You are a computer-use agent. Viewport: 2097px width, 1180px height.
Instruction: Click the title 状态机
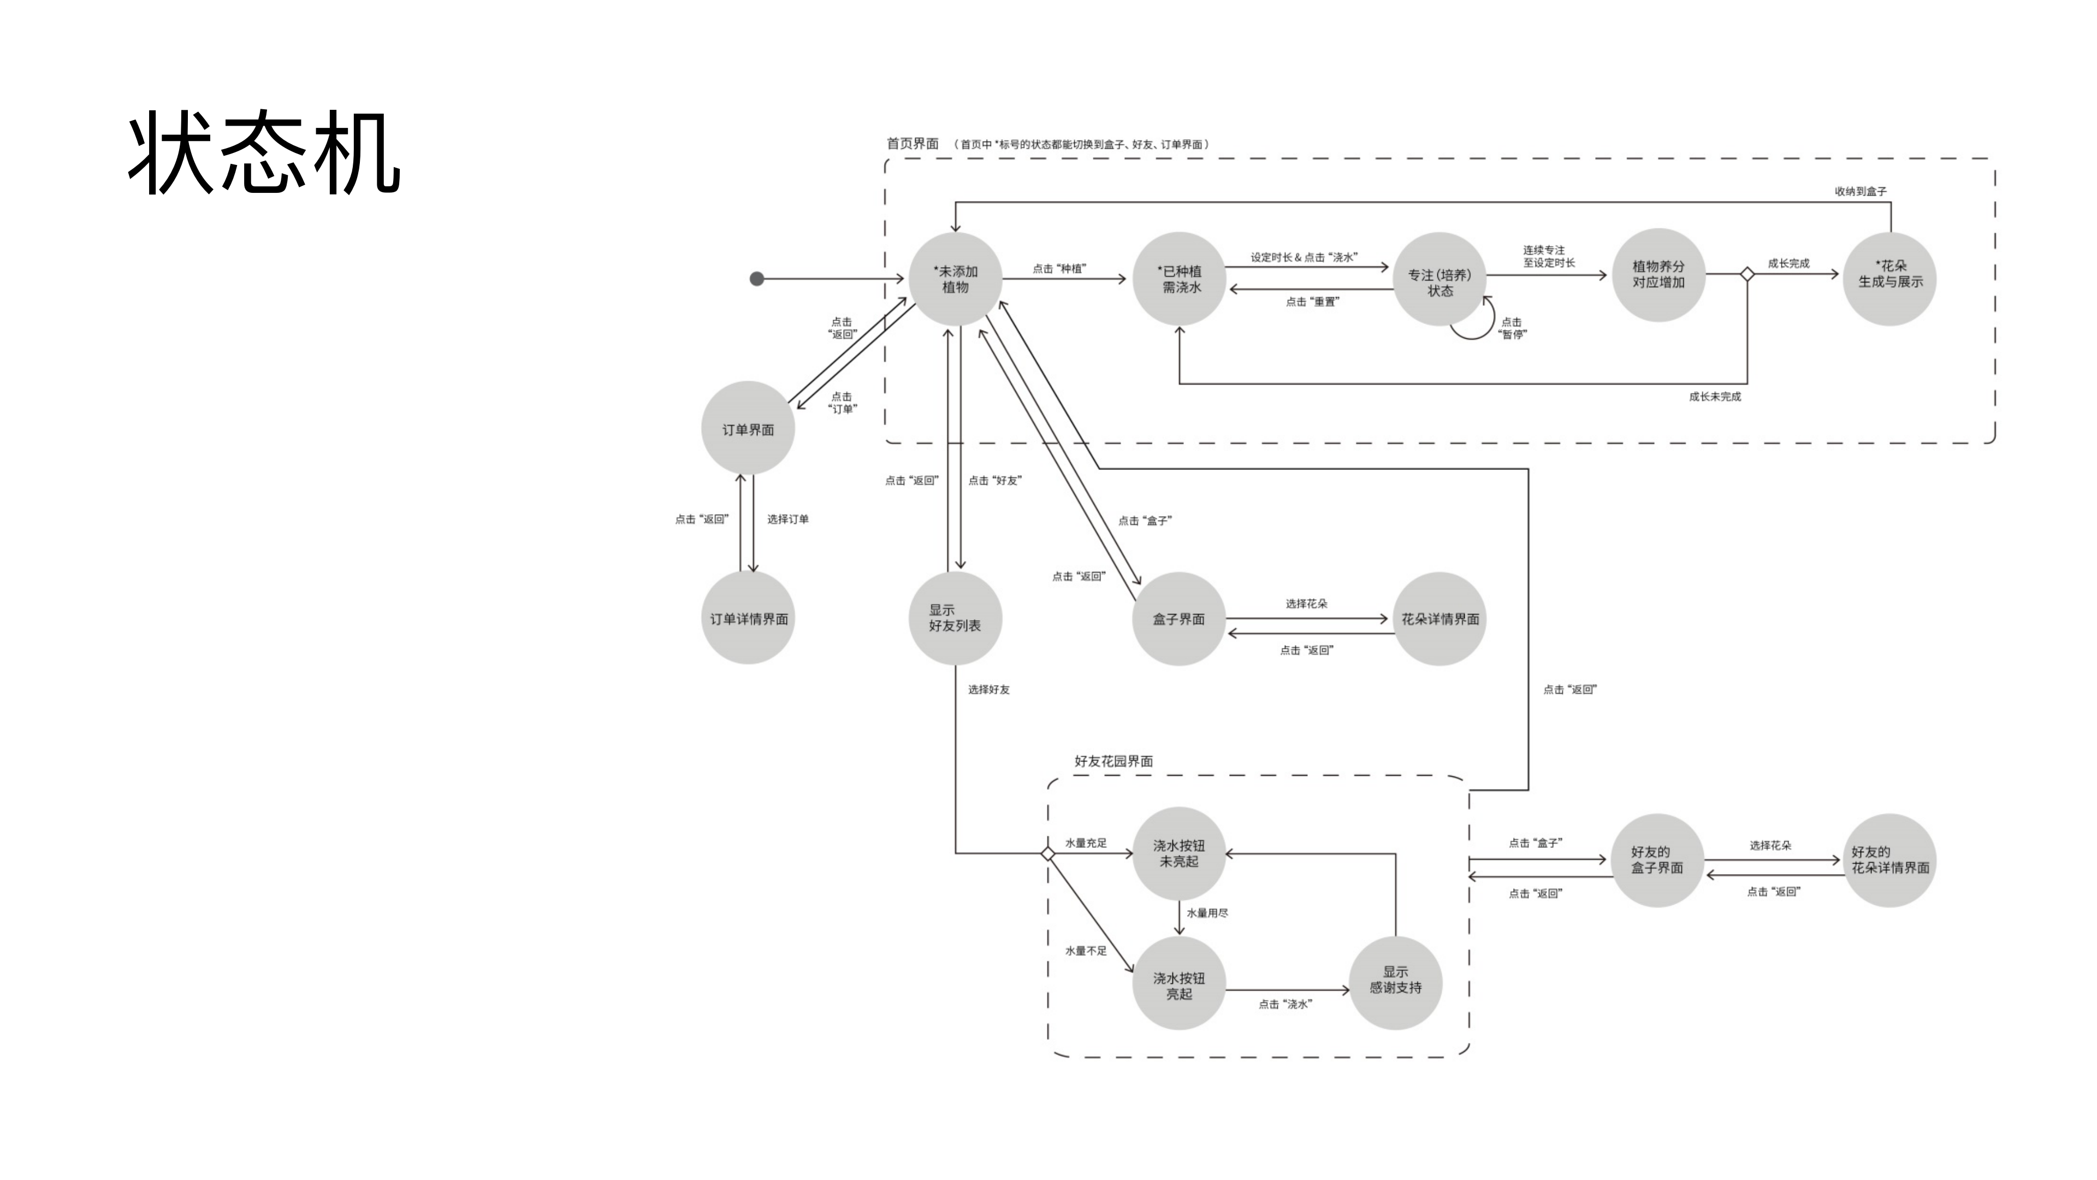pyautogui.click(x=263, y=153)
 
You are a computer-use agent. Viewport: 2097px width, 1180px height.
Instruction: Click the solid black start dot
pyautogui.click(x=756, y=279)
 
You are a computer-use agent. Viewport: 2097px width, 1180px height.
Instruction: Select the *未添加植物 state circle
pyautogui.click(x=955, y=279)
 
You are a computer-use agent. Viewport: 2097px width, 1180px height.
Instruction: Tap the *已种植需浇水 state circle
pyautogui.click(x=1180, y=279)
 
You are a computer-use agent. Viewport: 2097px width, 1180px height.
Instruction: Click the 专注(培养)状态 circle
pyautogui.click(x=1440, y=280)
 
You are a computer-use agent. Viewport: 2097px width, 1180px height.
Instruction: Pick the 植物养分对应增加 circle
pyautogui.click(x=1657, y=274)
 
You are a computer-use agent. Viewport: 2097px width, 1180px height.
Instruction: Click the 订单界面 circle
pyautogui.click(x=747, y=428)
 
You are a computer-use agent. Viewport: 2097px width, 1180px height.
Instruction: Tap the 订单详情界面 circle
pyautogui.click(x=747, y=618)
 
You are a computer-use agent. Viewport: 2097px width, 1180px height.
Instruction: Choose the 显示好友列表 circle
pyautogui.click(x=955, y=617)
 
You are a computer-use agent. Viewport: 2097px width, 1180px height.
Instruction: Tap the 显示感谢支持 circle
pyautogui.click(x=1395, y=982)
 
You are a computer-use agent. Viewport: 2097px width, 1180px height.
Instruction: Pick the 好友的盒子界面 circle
pyautogui.click(x=1657, y=860)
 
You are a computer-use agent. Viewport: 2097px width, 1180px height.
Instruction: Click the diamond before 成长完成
pyautogui.click(x=1747, y=274)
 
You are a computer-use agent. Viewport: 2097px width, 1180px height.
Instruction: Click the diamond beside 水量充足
pyautogui.click(x=1048, y=853)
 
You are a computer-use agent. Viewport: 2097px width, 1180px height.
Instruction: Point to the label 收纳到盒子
pyautogui.click(x=1860, y=191)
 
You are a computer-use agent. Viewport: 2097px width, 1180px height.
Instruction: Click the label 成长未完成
pyautogui.click(x=1714, y=397)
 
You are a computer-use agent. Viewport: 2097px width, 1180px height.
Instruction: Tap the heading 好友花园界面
pyautogui.click(x=1113, y=760)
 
